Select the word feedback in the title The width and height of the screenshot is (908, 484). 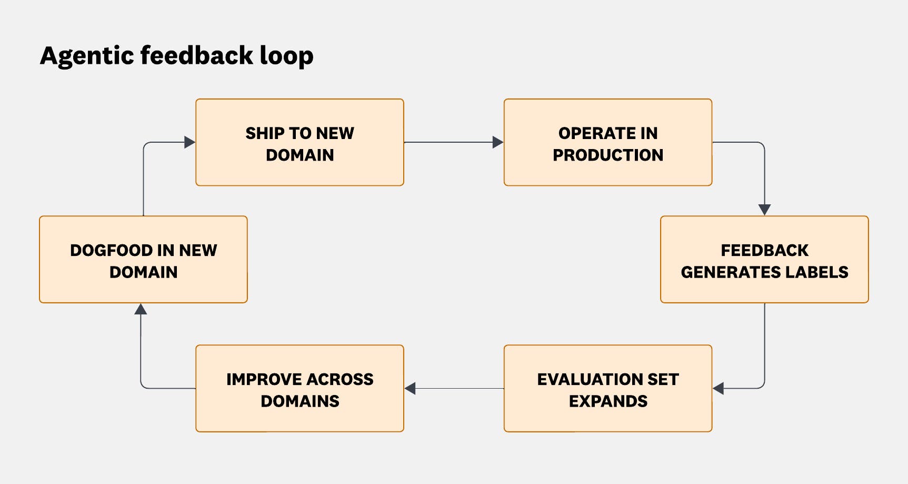pos(197,55)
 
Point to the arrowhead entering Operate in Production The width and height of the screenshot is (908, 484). pos(497,142)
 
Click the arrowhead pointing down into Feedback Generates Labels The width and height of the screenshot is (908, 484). pos(764,210)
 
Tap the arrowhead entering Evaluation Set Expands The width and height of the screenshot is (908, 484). pos(719,389)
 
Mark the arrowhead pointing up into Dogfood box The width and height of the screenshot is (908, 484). pos(141,309)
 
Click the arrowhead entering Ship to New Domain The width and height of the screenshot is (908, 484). pos(189,142)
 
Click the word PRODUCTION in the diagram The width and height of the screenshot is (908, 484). pos(607,155)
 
